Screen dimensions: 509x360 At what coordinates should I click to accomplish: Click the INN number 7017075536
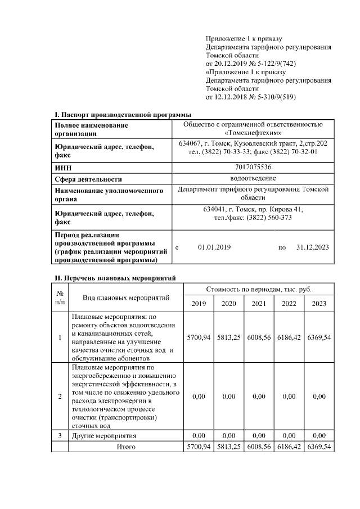click(253, 167)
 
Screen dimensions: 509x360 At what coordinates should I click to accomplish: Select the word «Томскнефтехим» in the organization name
click(253, 133)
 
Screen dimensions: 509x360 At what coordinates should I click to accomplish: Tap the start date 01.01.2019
click(214, 247)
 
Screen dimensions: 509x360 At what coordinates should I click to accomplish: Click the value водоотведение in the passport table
click(253, 179)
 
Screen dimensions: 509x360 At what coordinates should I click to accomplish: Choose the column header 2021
click(259, 304)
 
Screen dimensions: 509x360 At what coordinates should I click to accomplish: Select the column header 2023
click(319, 304)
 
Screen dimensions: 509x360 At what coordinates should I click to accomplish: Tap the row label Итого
click(126, 447)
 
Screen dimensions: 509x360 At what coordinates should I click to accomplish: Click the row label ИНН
click(62, 168)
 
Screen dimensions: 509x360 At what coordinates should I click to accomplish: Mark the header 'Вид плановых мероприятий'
click(125, 297)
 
